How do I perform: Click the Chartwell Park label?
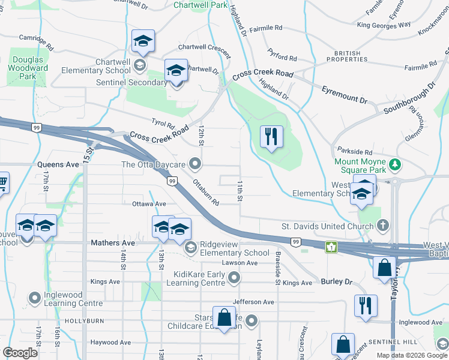(x=200, y=5)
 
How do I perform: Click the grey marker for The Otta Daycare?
(x=194, y=163)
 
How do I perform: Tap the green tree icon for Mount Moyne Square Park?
(x=394, y=164)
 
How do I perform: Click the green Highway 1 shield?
(x=330, y=247)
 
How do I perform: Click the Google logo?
(x=20, y=353)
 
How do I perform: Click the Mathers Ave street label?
(x=112, y=243)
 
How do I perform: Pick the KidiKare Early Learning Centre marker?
(x=234, y=277)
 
